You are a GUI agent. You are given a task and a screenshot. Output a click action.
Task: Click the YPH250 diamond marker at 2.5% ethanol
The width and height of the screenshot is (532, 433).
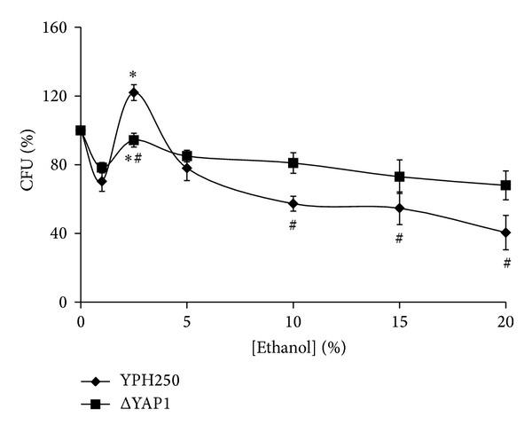134,92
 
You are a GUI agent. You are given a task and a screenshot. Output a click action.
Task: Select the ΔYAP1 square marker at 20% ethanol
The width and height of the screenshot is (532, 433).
505,185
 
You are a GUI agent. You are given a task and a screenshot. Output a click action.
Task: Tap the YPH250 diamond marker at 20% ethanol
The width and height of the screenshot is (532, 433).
505,232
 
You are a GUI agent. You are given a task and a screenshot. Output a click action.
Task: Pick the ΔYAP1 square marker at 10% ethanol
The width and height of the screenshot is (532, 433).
293,163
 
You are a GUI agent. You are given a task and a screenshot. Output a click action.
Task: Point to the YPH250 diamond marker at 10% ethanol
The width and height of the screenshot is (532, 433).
293,203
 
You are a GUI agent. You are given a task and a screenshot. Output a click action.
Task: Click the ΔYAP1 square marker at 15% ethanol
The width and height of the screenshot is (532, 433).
400,177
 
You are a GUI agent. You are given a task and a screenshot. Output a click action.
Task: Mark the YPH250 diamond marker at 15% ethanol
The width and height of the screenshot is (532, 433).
400,209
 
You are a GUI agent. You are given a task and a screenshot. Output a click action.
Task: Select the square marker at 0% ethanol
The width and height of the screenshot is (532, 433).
81,130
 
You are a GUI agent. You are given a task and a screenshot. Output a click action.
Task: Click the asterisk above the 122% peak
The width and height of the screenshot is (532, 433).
133,75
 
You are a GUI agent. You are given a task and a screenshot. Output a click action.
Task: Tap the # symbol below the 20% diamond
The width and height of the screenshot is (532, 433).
506,263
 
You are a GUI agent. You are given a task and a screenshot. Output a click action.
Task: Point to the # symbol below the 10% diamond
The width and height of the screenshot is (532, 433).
293,226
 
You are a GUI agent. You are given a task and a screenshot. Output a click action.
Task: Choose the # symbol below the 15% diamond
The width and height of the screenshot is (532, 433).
400,238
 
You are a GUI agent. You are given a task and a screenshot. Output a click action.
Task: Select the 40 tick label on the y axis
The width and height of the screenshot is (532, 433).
60,233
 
